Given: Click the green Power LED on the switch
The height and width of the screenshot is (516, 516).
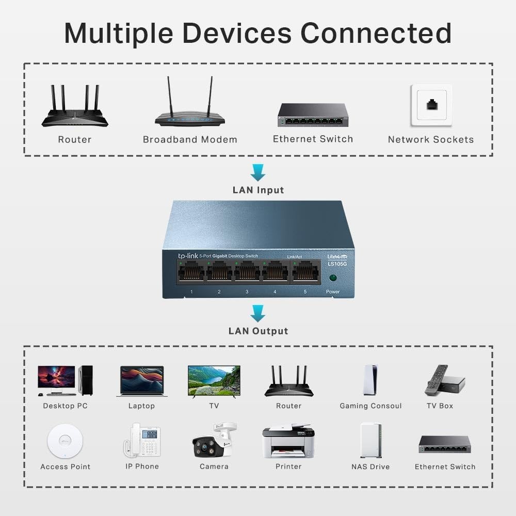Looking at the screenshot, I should (x=333, y=278).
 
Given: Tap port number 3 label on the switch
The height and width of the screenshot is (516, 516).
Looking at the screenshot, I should (x=247, y=292).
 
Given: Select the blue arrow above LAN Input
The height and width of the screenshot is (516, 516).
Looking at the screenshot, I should (x=257, y=172).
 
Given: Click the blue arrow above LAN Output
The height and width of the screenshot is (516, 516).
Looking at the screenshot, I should (x=257, y=313).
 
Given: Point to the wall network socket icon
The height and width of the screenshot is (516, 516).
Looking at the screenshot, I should (x=431, y=105).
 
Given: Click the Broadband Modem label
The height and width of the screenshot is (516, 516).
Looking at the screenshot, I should (x=190, y=139).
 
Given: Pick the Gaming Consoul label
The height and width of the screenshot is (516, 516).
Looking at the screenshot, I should (x=370, y=406).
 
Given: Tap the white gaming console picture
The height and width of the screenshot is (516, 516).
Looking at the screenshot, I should (x=370, y=380).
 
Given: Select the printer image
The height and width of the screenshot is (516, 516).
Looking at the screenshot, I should (x=288, y=442).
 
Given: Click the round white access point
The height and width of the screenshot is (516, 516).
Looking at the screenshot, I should (x=65, y=441).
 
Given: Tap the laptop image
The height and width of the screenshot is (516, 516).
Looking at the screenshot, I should (x=142, y=381).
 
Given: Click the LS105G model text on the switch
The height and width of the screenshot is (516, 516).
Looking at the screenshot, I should (x=337, y=264).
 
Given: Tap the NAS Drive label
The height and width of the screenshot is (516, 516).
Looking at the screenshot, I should (x=370, y=467).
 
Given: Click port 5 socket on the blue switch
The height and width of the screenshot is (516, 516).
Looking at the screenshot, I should (x=305, y=271).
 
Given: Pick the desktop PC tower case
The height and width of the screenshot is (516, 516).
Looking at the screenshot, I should (x=86, y=380).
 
